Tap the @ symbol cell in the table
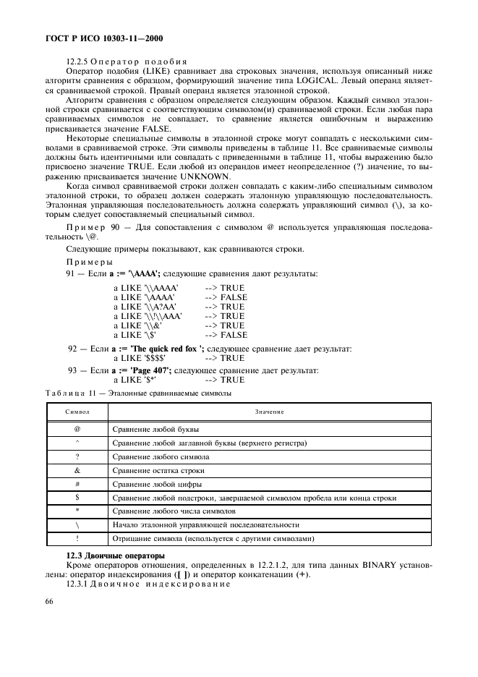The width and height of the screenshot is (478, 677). click(x=77, y=429)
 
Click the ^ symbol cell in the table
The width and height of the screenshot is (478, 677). click(x=77, y=443)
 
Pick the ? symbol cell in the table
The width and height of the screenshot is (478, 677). click(x=77, y=456)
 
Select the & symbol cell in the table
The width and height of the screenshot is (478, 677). click(x=77, y=470)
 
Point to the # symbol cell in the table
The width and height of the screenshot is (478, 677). click(x=77, y=484)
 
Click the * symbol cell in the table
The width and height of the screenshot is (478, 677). click(x=77, y=511)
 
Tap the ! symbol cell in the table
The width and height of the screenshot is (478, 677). click(x=77, y=539)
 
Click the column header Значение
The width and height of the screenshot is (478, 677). click(x=269, y=412)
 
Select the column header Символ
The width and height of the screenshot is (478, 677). click(x=77, y=412)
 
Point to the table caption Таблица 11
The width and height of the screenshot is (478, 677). click(x=69, y=393)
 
